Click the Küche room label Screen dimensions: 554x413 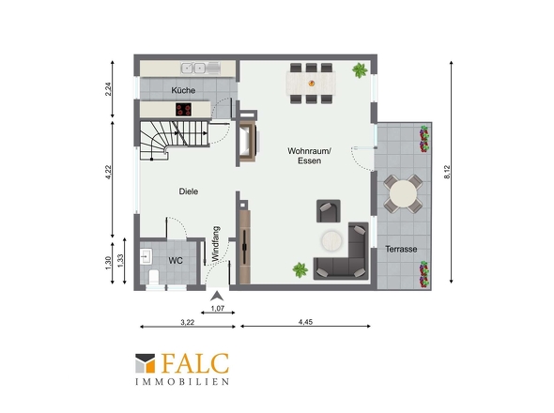coord(183,90)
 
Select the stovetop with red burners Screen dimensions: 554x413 coord(183,110)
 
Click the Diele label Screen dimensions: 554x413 coord(189,191)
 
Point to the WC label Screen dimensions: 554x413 coord(176,261)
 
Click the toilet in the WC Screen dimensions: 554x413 coord(154,277)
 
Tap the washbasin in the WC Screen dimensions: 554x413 coord(146,257)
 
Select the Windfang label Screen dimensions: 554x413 coord(216,244)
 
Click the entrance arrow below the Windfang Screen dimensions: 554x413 coord(217,296)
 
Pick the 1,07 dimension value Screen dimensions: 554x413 coord(218,308)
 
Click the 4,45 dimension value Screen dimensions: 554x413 coord(305,322)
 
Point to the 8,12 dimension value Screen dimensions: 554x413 coord(447,172)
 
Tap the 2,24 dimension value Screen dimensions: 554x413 coord(108,88)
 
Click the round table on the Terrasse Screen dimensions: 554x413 coord(403,194)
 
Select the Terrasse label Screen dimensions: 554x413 coord(401,249)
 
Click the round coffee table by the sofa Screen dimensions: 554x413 coord(331,241)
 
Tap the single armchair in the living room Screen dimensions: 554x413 coord(329,211)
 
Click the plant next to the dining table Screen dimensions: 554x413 coord(360,70)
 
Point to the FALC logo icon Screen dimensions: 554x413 coord(146,363)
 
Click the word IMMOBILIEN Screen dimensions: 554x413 coord(182,382)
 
